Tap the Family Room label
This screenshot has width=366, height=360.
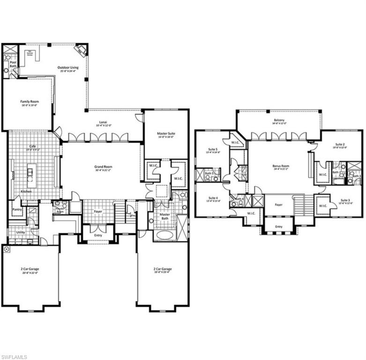[x=29, y=103]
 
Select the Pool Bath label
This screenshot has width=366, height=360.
[x=13, y=63]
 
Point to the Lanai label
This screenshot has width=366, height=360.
[x=98, y=123]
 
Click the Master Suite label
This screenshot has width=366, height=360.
[x=165, y=135]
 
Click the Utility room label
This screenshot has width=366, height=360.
[x=20, y=232]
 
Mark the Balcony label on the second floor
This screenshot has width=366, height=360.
[x=279, y=121]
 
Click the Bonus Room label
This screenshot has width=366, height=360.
[x=281, y=167]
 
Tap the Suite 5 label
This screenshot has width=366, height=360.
[x=213, y=151]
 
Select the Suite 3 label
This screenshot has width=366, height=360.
[x=345, y=202]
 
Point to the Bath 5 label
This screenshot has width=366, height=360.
[x=209, y=174]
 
